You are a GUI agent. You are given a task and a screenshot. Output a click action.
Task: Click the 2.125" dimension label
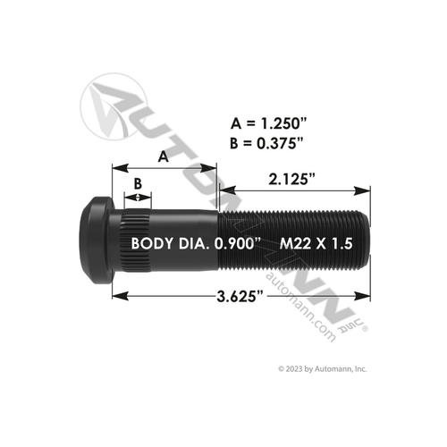click(x=292, y=180)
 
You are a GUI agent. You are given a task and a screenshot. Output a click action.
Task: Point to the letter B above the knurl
click(x=137, y=183)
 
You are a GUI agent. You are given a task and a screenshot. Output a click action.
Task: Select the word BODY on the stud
click(x=152, y=242)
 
